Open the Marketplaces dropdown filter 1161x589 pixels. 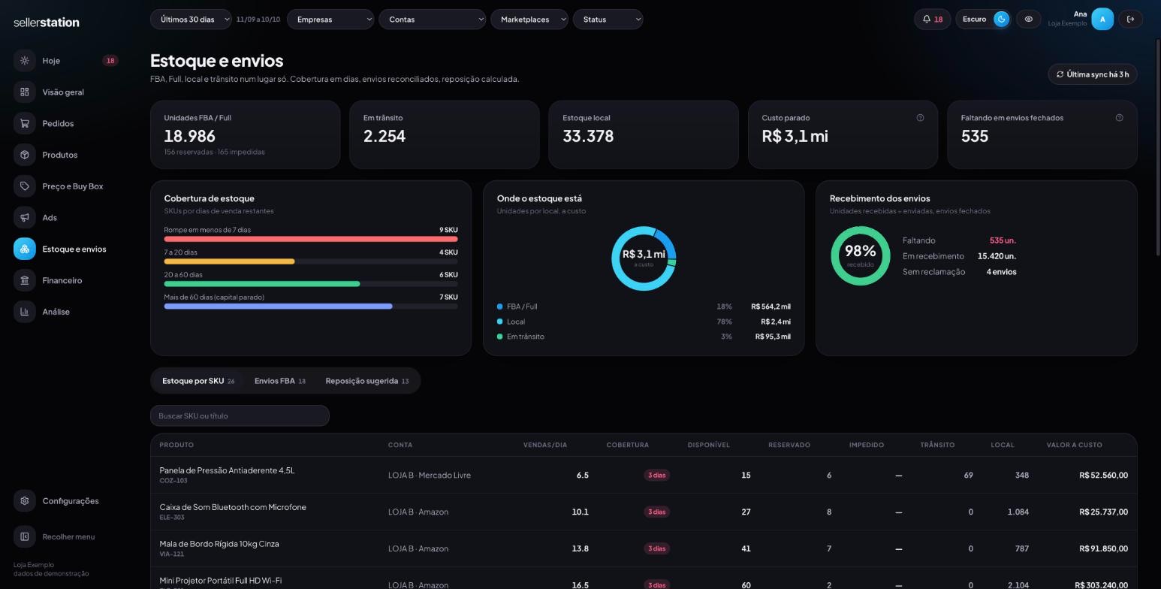coord(529,20)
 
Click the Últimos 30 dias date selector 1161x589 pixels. coord(191,20)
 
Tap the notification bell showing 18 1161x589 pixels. coord(932,20)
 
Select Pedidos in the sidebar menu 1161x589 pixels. coord(58,123)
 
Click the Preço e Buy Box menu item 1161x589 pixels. coord(73,186)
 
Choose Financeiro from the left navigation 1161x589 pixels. coord(62,280)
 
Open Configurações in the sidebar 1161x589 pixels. coord(71,501)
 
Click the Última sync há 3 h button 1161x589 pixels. coord(1093,74)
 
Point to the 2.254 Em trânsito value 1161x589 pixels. coord(384,136)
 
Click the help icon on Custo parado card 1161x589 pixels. coord(920,118)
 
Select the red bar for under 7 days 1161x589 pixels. coord(310,239)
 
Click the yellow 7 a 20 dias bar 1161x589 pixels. coord(229,261)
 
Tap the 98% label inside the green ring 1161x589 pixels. coord(860,251)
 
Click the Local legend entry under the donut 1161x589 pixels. coord(516,322)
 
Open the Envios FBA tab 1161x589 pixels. coord(280,381)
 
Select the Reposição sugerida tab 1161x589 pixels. coord(367,381)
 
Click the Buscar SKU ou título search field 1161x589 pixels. coord(240,415)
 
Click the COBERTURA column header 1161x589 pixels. coord(627,445)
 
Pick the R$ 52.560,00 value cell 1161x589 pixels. coord(1103,475)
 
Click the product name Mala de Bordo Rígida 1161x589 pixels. coord(219,544)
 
